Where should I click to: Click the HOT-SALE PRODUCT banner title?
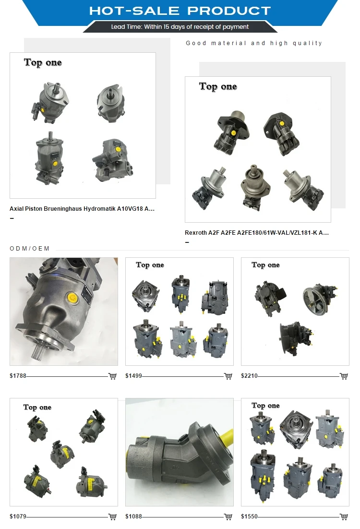[180, 11]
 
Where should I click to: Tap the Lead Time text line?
[180, 27]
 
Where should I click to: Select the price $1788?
[18, 376]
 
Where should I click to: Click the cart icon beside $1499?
[228, 376]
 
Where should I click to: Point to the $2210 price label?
[250, 376]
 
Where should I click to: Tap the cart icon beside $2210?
[344, 376]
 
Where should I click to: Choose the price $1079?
[18, 517]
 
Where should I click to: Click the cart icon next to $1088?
[228, 517]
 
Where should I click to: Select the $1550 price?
[250, 517]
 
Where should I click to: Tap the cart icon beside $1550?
[344, 517]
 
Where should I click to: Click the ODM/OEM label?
[30, 249]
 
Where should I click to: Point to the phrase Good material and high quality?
[254, 43]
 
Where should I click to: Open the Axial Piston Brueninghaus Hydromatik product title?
[82, 209]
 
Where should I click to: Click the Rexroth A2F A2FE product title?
[257, 233]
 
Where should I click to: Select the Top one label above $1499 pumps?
[150, 265]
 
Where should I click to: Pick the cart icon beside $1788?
[112, 376]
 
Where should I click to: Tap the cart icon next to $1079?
[112, 517]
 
